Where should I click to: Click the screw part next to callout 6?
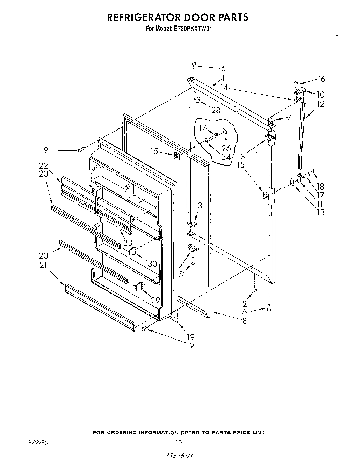point(194,65)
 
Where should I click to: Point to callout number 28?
point(216,110)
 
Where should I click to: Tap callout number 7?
point(289,118)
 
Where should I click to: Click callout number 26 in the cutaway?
point(226,148)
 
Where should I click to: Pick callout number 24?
point(226,157)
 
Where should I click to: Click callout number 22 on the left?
point(43,165)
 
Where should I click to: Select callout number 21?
point(43,265)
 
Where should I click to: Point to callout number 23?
point(128,243)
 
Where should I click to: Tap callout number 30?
point(152,264)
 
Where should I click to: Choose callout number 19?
point(191,337)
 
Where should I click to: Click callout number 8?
point(244,321)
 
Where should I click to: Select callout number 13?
point(320,212)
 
